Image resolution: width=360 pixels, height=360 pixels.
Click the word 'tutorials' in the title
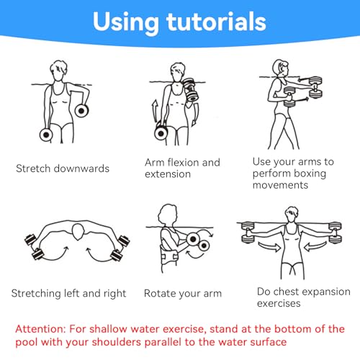click(212, 22)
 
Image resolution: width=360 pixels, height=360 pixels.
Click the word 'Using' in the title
click(121, 22)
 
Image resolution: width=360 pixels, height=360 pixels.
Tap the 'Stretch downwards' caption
click(63, 168)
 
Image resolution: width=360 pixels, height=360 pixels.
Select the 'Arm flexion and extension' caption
click(182, 168)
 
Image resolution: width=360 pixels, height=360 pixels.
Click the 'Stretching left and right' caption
click(68, 293)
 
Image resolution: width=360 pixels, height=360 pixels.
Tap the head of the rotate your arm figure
click(168, 214)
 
